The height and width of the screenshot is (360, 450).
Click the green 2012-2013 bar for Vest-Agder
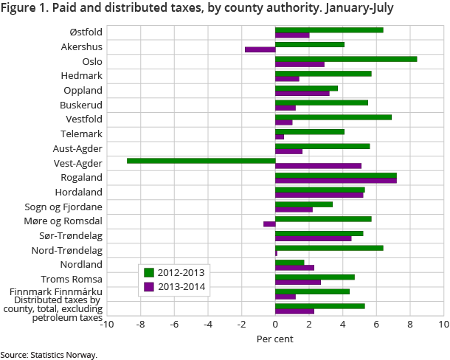coord(201,160)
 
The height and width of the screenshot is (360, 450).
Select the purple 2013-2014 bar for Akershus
coord(260,50)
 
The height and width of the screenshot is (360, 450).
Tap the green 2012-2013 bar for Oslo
coord(346,58)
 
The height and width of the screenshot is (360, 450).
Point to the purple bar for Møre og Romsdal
coord(269,224)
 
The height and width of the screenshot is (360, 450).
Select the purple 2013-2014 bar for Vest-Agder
coord(318,166)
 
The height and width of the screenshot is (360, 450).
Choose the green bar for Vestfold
coord(333,117)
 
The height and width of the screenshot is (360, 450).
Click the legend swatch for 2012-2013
coord(148,272)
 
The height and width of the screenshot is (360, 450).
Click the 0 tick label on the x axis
coord(275,324)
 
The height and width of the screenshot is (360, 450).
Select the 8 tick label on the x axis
coord(409,324)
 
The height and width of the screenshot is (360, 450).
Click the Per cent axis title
coord(275,339)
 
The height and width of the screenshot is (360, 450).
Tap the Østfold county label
coord(86,32)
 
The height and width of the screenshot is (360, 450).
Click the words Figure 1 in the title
coord(23,9)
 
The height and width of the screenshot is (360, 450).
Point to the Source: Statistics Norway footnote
coord(49,355)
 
